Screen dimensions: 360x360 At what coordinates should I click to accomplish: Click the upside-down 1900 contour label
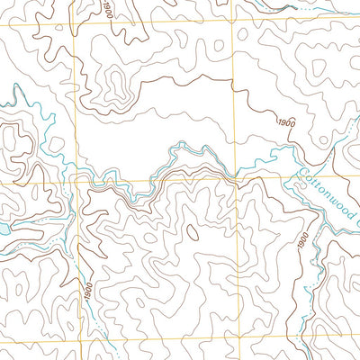[x=107, y=9]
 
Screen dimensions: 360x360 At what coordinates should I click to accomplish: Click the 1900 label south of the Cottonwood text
[x=301, y=241]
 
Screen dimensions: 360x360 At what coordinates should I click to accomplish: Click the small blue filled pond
[x=4, y=230]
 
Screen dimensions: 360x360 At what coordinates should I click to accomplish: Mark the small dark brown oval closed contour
[x=193, y=232]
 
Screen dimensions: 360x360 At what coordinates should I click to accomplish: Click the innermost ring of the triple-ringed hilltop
[x=113, y=86]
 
